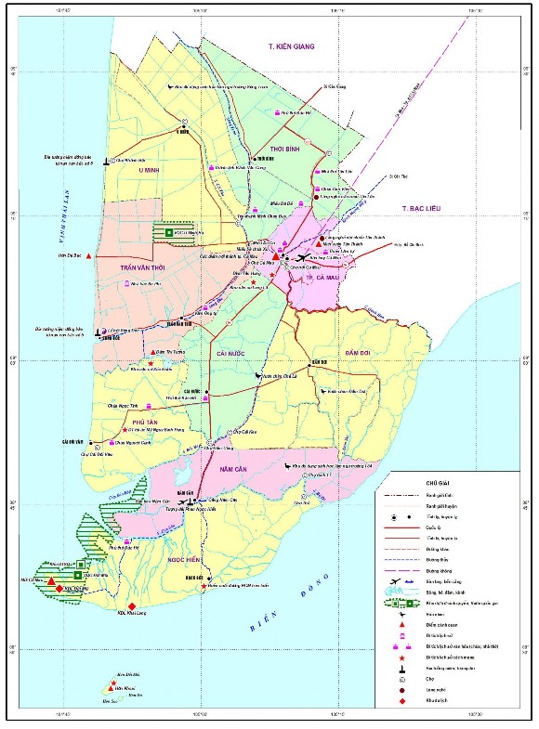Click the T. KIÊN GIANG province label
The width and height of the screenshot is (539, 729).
[293, 46]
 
